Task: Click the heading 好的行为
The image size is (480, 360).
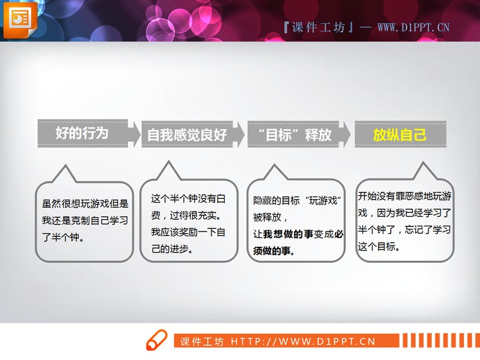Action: pyautogui.click(x=82, y=133)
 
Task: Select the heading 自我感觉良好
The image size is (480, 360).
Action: pyautogui.click(x=187, y=135)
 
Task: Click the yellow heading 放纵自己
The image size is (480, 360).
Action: pyautogui.click(x=399, y=134)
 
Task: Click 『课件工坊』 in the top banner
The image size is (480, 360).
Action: pyautogui.click(x=317, y=27)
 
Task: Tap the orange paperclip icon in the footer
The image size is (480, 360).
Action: pyautogui.click(x=156, y=341)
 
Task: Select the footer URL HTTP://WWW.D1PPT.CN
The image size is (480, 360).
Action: pyautogui.click(x=302, y=341)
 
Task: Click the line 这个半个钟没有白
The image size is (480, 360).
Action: pyautogui.click(x=188, y=198)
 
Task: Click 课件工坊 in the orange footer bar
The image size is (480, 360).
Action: pyautogui.click(x=202, y=341)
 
